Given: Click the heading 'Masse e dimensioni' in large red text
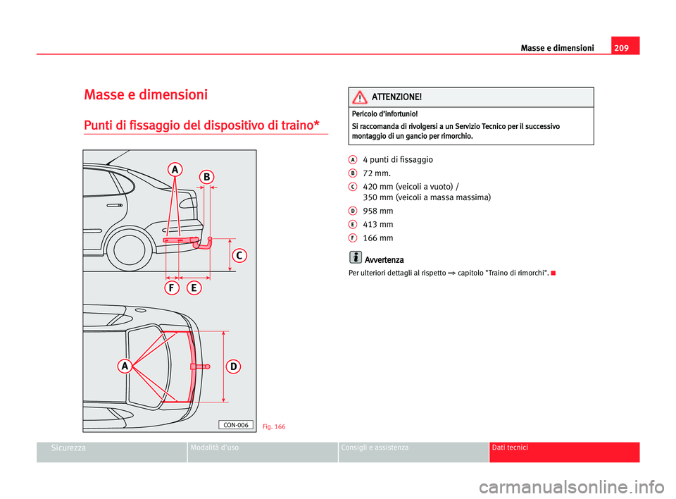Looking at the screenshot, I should point(145,94).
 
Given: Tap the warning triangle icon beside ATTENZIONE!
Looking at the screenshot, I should point(359,97).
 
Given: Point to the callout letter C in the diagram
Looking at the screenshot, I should point(239,255).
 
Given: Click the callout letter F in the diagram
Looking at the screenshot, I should point(172,288).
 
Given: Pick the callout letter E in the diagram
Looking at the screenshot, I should point(194,288).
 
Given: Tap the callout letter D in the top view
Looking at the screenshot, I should point(233,366).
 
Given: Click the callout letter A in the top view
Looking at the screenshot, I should point(124,366).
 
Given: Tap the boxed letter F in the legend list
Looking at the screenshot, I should point(350,238).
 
